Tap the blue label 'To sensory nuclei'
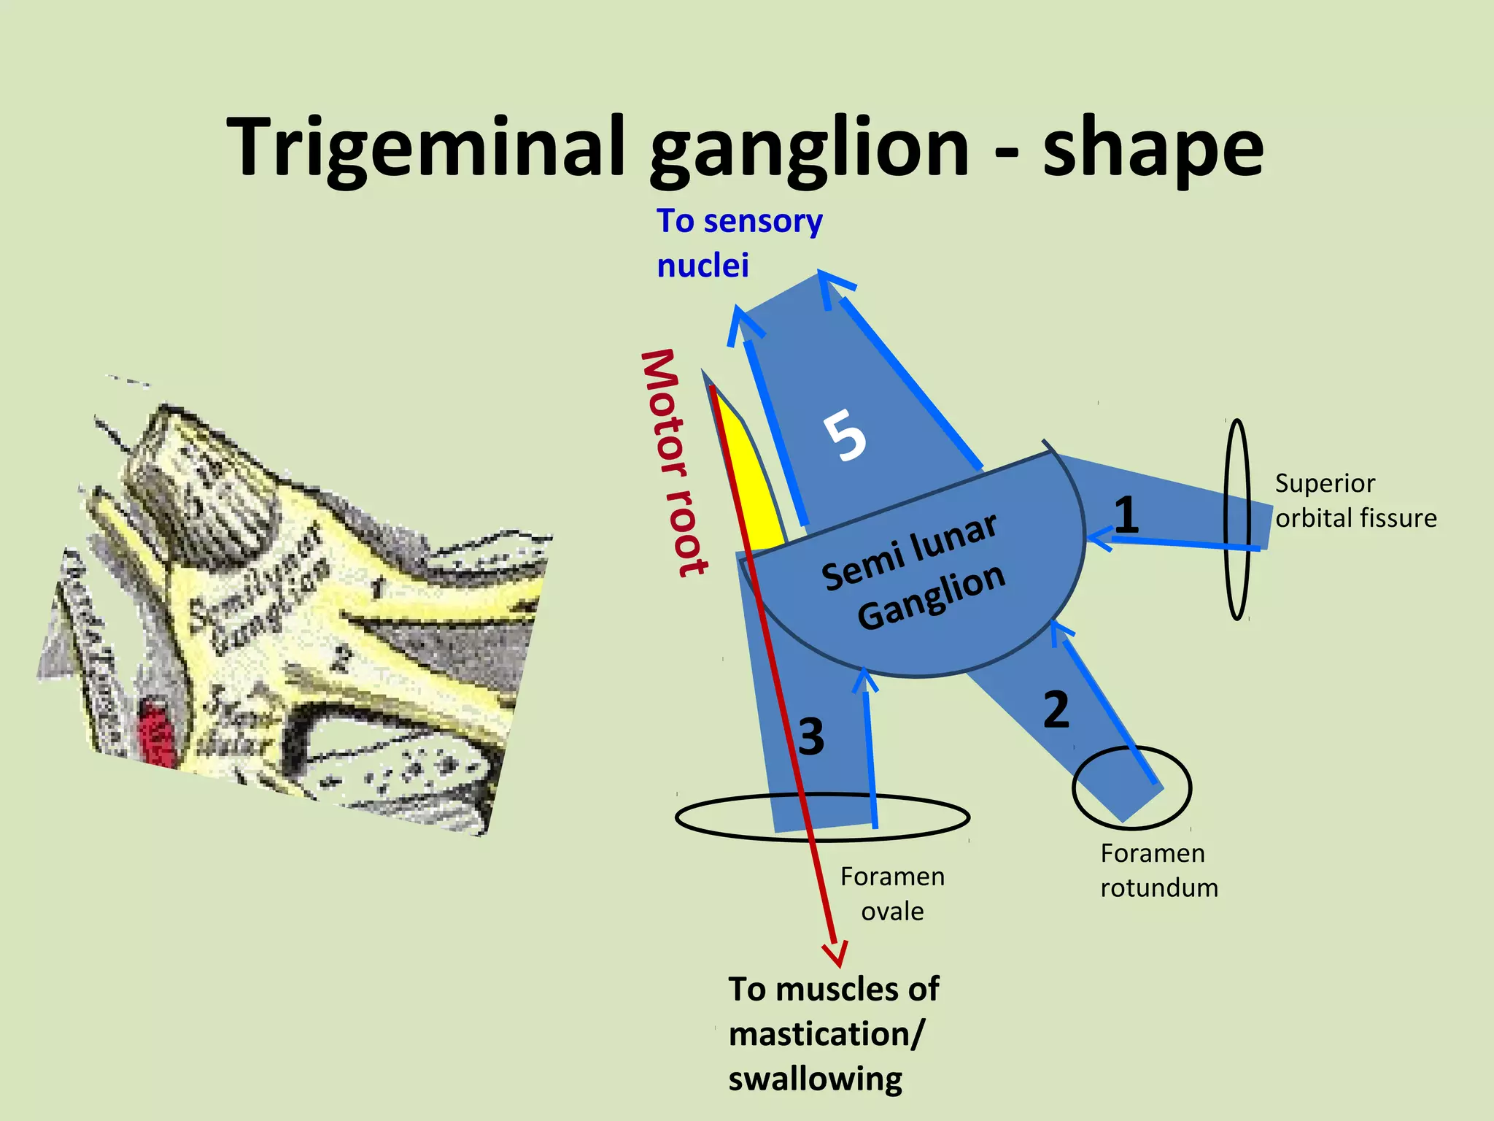pos(738,243)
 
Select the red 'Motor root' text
pos(673,463)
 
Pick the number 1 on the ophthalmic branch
pos(1126,515)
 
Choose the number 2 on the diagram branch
pos(1056,709)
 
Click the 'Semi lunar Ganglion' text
pos(913,573)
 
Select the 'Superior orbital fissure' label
pos(1355,501)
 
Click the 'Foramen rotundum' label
pos(1158,870)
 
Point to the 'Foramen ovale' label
pos(892,893)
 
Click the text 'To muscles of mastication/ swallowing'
pos(833,1033)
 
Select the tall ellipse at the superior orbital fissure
pos(1237,423)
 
